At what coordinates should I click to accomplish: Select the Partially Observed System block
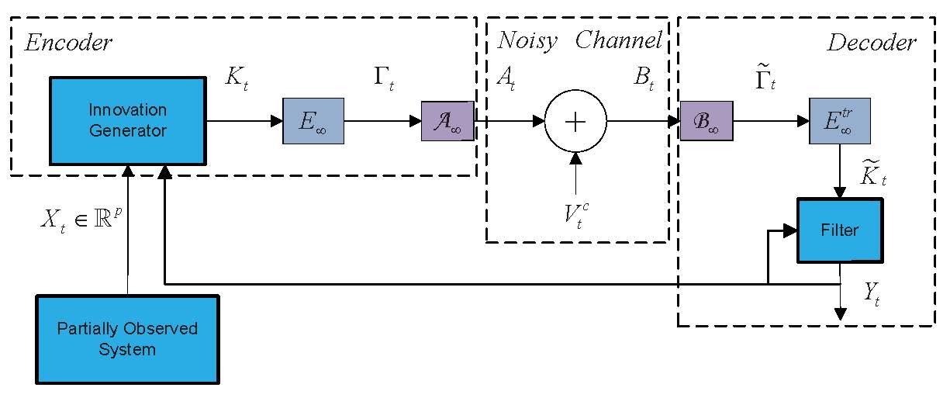(127, 339)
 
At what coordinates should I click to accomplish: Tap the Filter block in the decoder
(840, 230)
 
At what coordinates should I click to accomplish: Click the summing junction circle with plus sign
(575, 122)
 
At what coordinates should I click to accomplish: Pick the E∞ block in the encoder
(313, 122)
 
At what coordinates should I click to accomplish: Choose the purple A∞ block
(446, 122)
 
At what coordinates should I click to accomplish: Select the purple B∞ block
(706, 122)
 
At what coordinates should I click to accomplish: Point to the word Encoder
(68, 43)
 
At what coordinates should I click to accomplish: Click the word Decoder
(870, 43)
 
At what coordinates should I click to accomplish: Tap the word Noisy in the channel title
(527, 41)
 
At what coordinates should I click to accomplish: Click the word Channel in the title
(618, 41)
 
